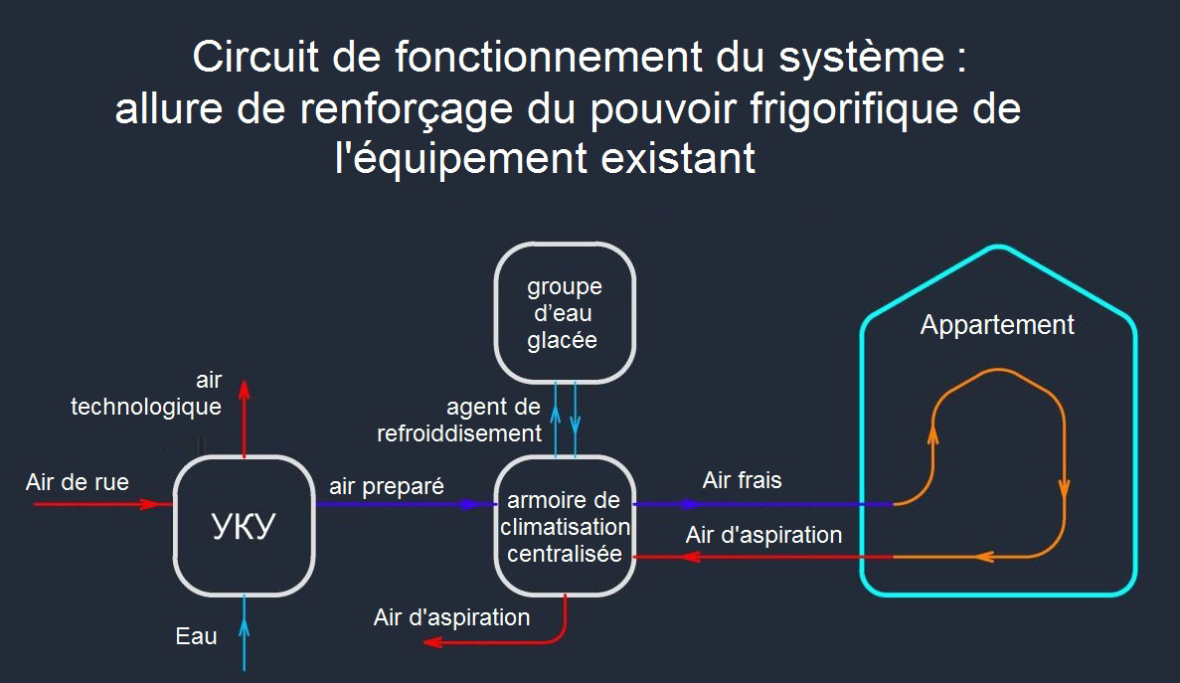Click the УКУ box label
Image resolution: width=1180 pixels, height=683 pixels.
tap(243, 526)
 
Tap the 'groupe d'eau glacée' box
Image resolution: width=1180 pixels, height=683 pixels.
tap(564, 313)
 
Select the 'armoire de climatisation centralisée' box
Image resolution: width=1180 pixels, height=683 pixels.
tap(564, 526)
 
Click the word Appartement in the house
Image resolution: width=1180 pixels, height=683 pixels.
tap(997, 325)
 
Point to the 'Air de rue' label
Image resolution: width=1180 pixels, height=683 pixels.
tap(78, 483)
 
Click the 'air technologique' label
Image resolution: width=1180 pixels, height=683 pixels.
tap(146, 394)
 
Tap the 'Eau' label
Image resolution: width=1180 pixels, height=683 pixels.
tap(196, 636)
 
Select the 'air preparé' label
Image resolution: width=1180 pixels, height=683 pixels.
tap(387, 486)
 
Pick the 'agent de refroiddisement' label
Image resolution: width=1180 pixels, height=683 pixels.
tap(459, 420)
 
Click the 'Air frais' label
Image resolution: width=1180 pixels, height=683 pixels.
tap(742, 481)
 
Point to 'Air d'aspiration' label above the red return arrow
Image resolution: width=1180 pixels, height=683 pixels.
tap(763, 535)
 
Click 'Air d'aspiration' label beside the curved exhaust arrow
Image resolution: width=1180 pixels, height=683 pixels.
tap(451, 617)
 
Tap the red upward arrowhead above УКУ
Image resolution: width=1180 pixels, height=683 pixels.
tap(245, 388)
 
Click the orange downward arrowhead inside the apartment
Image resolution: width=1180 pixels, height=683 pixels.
tap(1064, 488)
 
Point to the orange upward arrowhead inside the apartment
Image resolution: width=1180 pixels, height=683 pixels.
tap(932, 430)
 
